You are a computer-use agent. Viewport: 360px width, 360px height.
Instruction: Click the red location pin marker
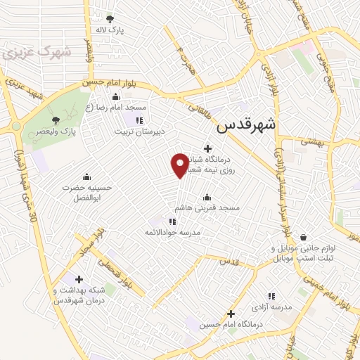180,165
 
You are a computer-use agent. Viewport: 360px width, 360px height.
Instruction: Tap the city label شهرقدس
247,124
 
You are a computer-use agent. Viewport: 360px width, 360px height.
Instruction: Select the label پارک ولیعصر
73,130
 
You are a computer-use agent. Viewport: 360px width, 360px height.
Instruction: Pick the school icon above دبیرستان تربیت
139,120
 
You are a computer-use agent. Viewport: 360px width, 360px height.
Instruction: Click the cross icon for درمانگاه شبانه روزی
207,148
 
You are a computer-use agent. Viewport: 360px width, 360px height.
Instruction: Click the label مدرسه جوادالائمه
173,232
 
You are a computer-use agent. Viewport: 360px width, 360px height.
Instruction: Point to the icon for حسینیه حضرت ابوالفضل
86,176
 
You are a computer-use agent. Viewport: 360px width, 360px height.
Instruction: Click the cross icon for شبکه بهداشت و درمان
78,279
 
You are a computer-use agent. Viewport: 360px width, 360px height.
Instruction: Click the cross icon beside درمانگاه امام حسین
231,314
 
